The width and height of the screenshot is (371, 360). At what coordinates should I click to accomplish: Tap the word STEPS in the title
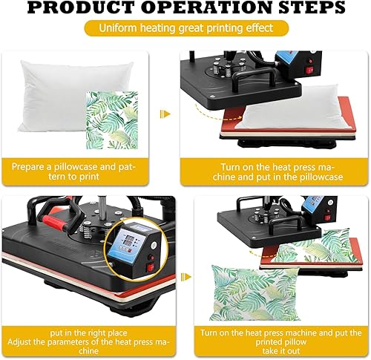coord(312,7)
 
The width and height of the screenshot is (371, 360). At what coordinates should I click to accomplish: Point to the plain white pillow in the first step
coord(74,96)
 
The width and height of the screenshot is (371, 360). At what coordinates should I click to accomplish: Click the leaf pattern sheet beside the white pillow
coord(112,120)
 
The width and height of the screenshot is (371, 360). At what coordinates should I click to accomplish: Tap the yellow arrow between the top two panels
coord(165,114)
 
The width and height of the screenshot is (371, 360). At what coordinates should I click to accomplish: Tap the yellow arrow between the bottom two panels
coord(186,277)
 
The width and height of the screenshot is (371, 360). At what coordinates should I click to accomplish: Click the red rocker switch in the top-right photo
coord(309,71)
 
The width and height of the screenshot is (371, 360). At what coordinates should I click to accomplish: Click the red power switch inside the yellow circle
coord(151,267)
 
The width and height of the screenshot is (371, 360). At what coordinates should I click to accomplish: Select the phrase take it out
coord(281,351)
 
